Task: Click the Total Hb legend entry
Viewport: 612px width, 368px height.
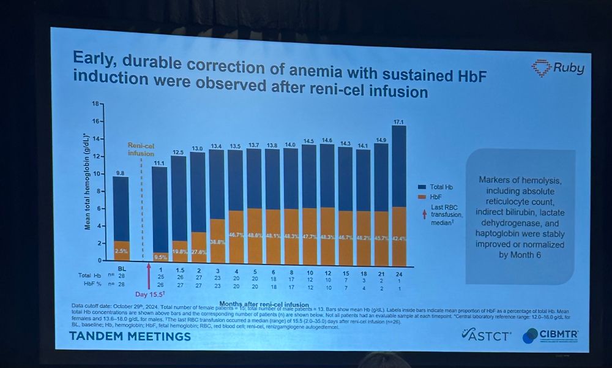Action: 439,186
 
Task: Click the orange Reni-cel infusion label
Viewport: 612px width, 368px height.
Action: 141,149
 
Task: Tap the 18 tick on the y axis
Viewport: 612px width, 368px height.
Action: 94,104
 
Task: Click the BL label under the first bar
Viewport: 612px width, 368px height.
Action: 121,269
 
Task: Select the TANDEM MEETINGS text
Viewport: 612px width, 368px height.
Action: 129,336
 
